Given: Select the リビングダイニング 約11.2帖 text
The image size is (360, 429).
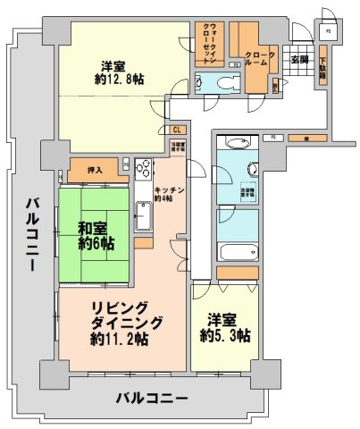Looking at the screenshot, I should [x=121, y=324].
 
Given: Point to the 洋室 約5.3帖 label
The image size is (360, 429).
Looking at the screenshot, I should [x=224, y=327].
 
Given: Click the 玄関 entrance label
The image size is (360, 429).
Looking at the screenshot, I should [x=300, y=60].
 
